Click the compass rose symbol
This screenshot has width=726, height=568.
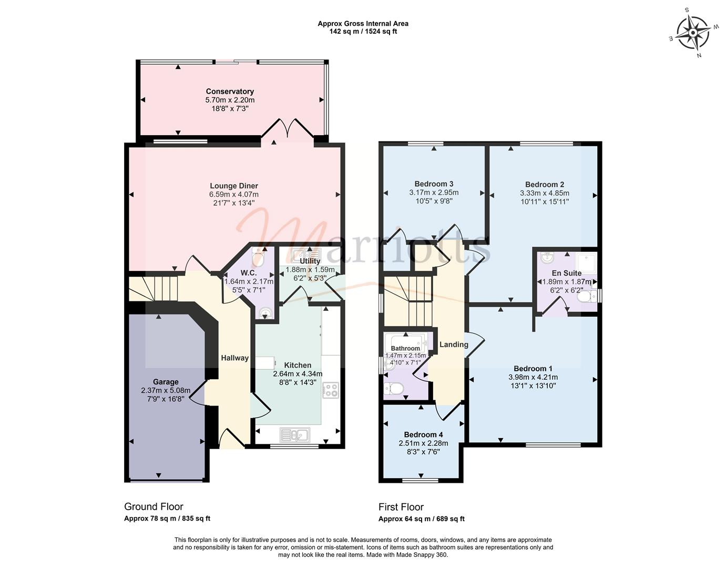(693, 33)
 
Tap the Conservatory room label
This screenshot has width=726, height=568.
(230, 91)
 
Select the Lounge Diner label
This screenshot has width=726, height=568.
(234, 186)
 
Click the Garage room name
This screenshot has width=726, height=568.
(166, 382)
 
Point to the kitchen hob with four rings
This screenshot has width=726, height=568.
(331, 390)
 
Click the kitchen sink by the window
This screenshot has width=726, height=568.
(295, 435)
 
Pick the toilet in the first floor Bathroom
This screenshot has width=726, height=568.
(394, 388)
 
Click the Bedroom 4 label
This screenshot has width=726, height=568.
(423, 434)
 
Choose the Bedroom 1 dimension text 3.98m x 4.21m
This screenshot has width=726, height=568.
(533, 377)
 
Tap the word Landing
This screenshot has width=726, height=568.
(454, 344)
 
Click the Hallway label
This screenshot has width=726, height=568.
(234, 358)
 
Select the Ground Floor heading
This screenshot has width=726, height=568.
(154, 506)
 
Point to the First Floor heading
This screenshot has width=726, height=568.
(401, 507)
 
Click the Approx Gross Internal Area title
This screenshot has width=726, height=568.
(363, 24)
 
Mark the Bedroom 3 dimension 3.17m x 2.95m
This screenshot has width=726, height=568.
(434, 192)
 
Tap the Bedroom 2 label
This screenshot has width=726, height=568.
(545, 185)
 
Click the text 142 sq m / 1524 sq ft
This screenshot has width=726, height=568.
(363, 32)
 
